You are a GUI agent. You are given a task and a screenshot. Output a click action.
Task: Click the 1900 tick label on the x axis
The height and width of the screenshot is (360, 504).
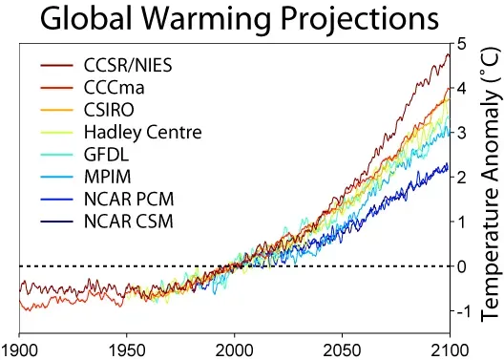(20, 349)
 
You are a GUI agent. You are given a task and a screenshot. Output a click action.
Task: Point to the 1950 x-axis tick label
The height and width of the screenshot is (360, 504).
(127, 349)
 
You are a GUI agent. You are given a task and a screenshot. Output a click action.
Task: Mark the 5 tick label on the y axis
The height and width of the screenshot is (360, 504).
(462, 44)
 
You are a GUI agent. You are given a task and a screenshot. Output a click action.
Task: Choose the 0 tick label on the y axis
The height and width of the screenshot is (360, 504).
(462, 266)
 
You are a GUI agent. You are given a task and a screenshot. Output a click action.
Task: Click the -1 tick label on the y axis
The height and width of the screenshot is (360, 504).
(460, 311)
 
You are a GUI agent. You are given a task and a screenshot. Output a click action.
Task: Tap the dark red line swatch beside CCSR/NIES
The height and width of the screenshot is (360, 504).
(57, 67)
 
